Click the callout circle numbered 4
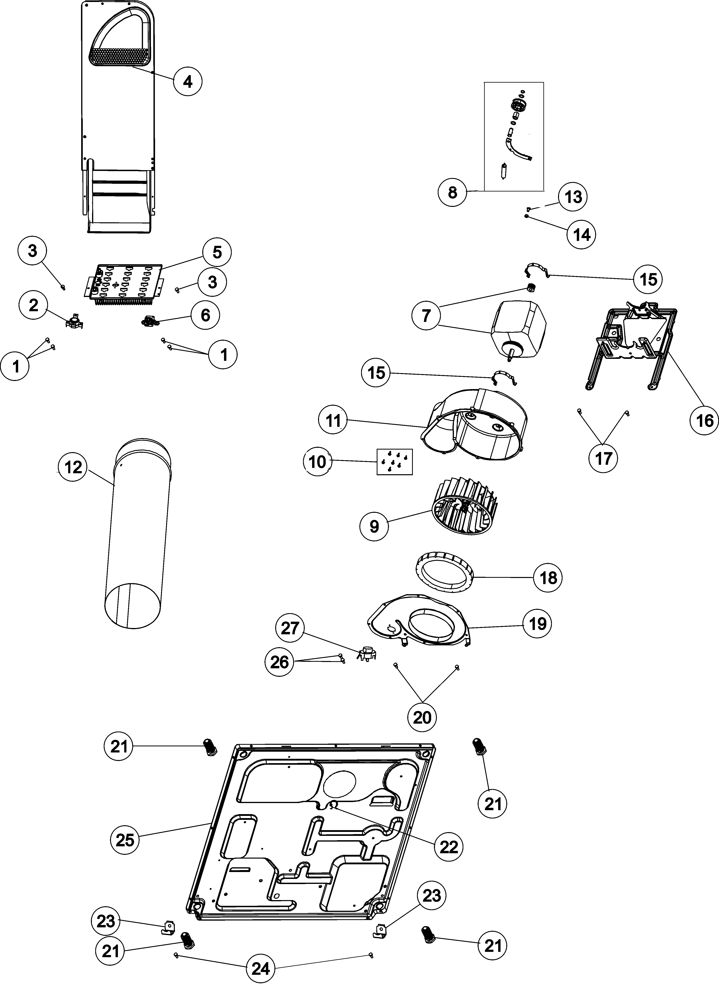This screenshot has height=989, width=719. point(187,82)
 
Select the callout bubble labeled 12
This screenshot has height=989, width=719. point(73,467)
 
